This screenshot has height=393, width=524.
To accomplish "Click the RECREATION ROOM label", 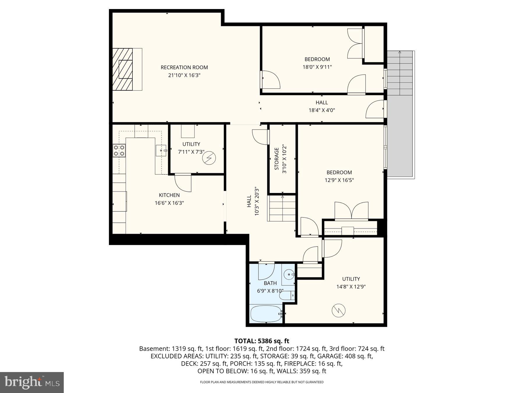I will pyautogui.click(x=184, y=67).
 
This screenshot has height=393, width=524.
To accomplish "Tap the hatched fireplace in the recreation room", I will pyautogui.click(x=123, y=69).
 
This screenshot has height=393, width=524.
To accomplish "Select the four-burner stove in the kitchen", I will pyautogui.click(x=119, y=151).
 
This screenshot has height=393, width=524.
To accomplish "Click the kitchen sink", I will pyautogui.click(x=161, y=151).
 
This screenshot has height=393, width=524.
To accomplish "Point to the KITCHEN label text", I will pyautogui.click(x=169, y=195).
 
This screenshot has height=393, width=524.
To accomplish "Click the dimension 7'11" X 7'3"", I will pyautogui.click(x=191, y=152).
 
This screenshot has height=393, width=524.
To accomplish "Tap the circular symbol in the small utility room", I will pyautogui.click(x=209, y=158).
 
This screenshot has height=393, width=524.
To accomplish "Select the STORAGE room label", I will pyautogui.click(x=277, y=159).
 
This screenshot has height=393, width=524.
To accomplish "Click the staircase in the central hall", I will pyautogui.click(x=282, y=208).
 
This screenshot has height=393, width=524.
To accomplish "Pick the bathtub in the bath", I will pyautogui.click(x=266, y=314).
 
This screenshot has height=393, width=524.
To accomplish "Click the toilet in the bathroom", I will pyautogui.click(x=288, y=296).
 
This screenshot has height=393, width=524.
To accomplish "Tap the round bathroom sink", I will pyautogui.click(x=288, y=274).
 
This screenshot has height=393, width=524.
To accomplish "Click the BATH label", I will pyautogui.click(x=270, y=283).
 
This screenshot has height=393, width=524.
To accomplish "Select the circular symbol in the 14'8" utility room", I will pyautogui.click(x=339, y=311).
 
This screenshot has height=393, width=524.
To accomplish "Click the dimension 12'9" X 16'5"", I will pyautogui.click(x=339, y=180).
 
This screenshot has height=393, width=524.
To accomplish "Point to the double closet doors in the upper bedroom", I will pyautogui.click(x=355, y=44).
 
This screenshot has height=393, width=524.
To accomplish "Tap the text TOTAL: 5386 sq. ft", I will pyautogui.click(x=262, y=341).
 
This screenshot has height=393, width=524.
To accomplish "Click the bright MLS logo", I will pyautogui.click(x=32, y=383).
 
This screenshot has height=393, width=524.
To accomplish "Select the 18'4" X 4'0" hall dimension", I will pyautogui.click(x=322, y=110).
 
